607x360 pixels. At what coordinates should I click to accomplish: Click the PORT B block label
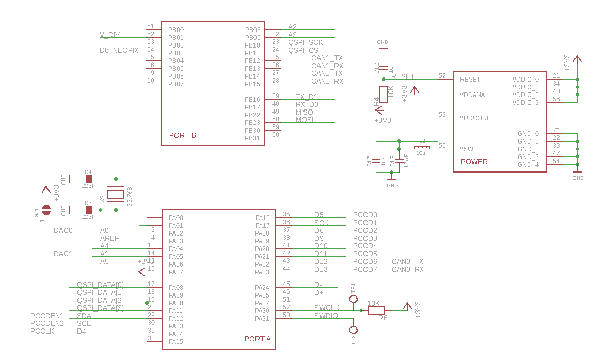click(182, 136)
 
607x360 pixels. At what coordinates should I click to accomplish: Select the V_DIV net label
click(109, 35)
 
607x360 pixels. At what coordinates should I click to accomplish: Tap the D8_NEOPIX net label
click(119, 50)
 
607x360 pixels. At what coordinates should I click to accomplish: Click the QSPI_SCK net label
click(305, 42)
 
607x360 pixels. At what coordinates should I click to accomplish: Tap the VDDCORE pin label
click(475, 118)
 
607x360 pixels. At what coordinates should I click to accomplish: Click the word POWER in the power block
click(474, 162)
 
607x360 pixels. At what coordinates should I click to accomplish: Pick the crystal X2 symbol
click(115, 195)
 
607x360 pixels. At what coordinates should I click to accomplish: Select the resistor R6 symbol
click(376, 310)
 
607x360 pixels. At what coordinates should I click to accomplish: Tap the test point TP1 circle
click(354, 299)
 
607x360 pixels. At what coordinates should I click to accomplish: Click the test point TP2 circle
click(354, 330)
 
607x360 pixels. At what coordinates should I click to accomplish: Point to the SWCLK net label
click(327, 308)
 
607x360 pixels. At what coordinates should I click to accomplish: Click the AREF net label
click(109, 238)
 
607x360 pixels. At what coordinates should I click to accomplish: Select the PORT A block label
click(257, 339)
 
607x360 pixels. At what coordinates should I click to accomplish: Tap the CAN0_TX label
click(407, 262)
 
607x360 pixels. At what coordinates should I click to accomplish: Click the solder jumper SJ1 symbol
click(46, 209)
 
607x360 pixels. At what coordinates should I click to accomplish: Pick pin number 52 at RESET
click(442, 76)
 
